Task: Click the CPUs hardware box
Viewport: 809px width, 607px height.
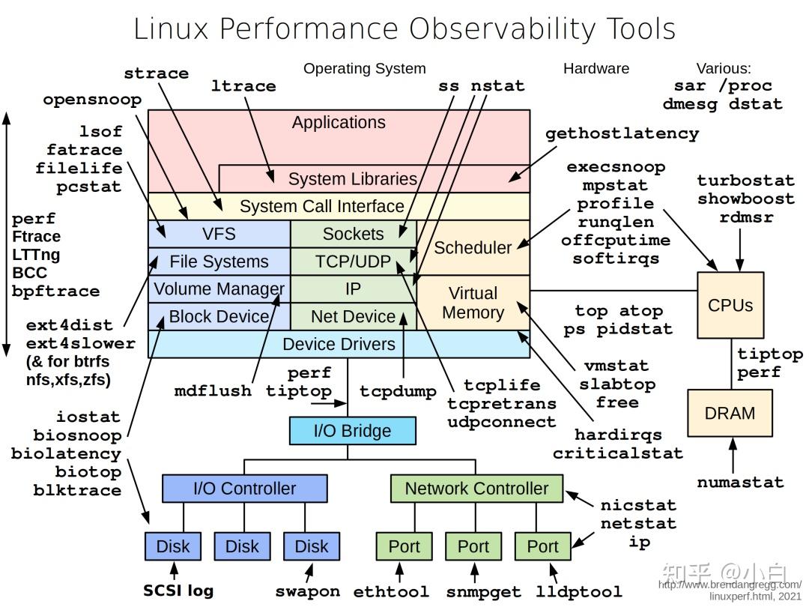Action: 730,305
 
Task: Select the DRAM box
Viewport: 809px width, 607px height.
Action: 730,413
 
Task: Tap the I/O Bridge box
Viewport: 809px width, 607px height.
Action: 352,431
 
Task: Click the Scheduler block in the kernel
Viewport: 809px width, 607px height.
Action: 473,247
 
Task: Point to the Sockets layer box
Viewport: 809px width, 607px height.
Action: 353,234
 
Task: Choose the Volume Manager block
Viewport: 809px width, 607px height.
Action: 219,289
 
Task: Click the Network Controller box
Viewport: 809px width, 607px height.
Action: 476,489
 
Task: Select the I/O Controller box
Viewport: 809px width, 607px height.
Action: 244,489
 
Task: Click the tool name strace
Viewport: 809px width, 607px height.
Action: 156,73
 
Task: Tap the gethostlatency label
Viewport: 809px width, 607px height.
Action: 622,133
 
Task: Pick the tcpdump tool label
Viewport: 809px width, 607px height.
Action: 397,391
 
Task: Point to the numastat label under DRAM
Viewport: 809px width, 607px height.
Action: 740,482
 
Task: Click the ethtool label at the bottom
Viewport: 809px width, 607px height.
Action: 391,591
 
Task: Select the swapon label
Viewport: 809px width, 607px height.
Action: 307,591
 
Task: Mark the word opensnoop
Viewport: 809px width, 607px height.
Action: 92,100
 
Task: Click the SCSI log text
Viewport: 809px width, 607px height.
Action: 178,591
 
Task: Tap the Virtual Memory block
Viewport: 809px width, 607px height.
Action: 473,303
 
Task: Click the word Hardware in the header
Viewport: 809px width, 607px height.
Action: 596,68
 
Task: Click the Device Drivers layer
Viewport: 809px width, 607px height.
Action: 339,344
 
